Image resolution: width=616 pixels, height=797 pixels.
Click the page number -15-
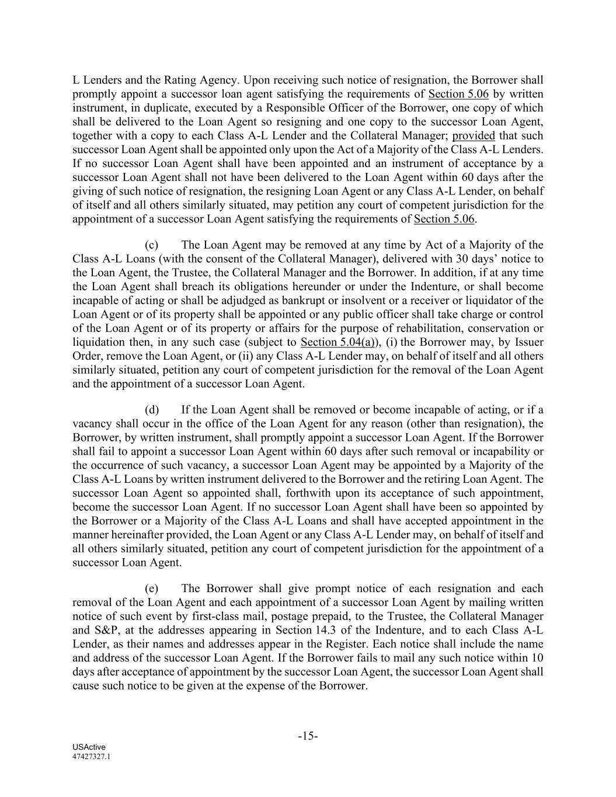coord(308,736)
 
